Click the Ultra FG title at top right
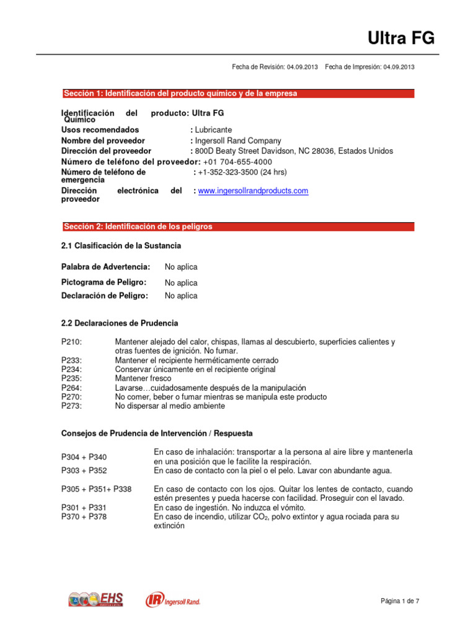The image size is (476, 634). coord(401,39)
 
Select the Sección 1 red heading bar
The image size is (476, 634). coord(237,93)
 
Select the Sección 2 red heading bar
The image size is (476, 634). coord(237,227)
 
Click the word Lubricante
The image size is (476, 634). coord(214,130)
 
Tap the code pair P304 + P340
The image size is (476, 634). coord(88,457)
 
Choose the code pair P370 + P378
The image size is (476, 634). coord(84,516)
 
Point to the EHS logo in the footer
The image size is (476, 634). coord(96,599)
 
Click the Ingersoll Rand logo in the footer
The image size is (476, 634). coord(173,600)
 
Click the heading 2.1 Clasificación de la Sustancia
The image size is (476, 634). coord(121,246)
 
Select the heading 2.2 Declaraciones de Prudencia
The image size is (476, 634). coord(120,323)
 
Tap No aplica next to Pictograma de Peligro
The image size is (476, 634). coord(181,283)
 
